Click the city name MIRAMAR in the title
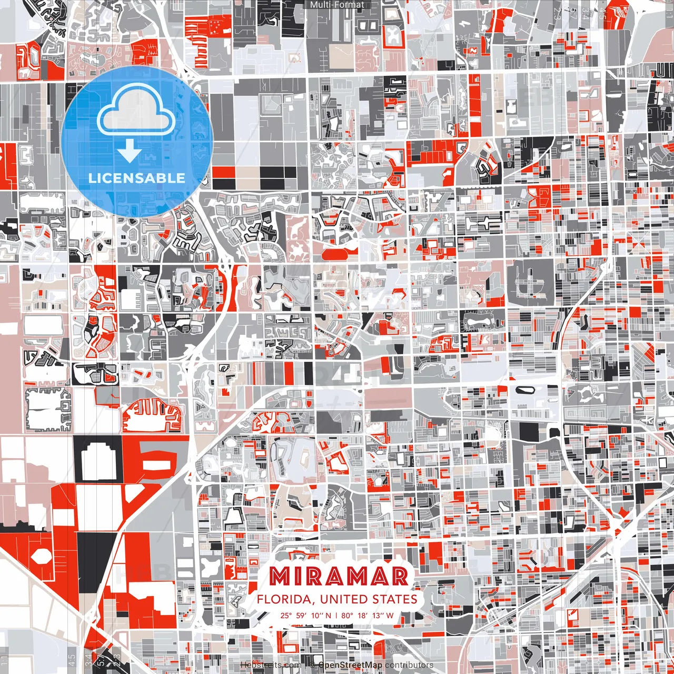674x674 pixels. click(x=339, y=576)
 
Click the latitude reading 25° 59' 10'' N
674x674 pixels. click(x=306, y=615)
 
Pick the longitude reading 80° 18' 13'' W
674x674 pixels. click(x=367, y=615)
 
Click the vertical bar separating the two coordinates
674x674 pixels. click(x=336, y=615)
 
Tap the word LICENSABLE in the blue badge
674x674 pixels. click(x=137, y=178)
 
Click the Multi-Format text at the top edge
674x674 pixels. click(x=337, y=5)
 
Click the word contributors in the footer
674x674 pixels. click(x=409, y=665)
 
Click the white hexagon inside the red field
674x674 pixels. click(x=39, y=555)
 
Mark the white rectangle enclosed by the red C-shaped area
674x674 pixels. click(x=157, y=464)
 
